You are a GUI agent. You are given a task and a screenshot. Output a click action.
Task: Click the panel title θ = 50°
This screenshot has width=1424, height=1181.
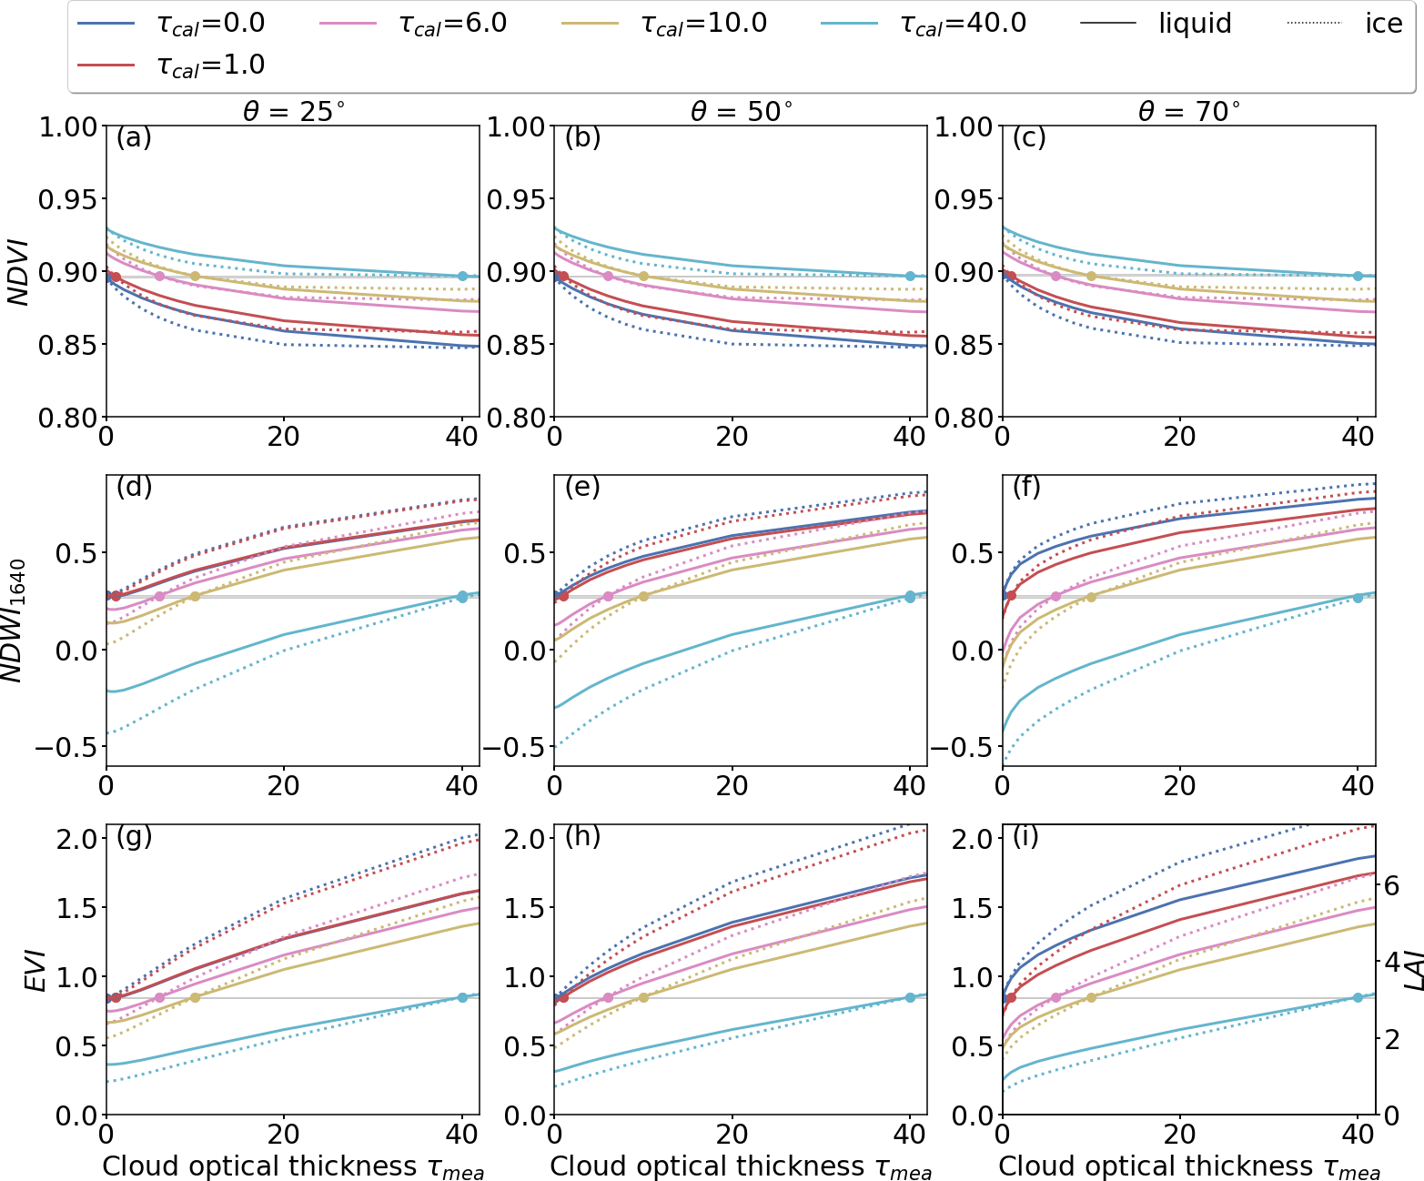tap(741, 111)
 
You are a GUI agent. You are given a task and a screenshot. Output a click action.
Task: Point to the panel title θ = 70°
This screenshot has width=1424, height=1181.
tap(1188, 111)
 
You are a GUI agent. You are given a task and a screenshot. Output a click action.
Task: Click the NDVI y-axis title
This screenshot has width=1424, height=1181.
tap(18, 272)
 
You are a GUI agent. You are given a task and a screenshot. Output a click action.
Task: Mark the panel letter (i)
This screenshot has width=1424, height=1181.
tap(1025, 836)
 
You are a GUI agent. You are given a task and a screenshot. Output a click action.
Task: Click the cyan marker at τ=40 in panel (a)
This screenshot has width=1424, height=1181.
tap(462, 276)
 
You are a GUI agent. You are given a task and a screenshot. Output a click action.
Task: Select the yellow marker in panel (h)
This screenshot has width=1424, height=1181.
tap(643, 997)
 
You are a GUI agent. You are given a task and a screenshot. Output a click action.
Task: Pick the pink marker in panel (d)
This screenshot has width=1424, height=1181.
tap(159, 596)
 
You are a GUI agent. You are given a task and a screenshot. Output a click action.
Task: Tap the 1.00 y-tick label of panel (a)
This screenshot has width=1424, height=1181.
tap(68, 126)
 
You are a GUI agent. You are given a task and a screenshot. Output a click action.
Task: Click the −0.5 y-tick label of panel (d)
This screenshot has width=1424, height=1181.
tap(66, 748)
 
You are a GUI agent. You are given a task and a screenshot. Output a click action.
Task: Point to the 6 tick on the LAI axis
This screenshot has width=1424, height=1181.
tap(1391, 885)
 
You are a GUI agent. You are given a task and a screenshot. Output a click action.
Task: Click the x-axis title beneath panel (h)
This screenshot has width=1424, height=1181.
tap(741, 1167)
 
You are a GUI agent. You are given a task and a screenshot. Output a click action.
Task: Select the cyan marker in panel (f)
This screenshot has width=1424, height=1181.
tap(1358, 597)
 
